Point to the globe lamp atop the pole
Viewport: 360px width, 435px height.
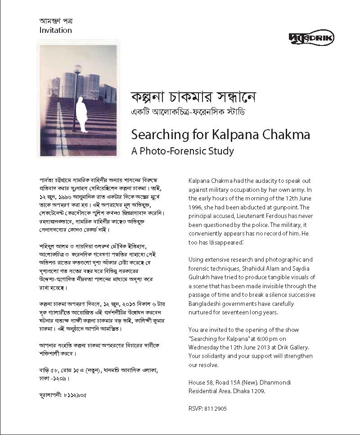(x=77, y=69)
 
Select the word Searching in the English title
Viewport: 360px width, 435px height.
(x=156, y=134)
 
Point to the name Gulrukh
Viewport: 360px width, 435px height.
(x=200, y=277)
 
